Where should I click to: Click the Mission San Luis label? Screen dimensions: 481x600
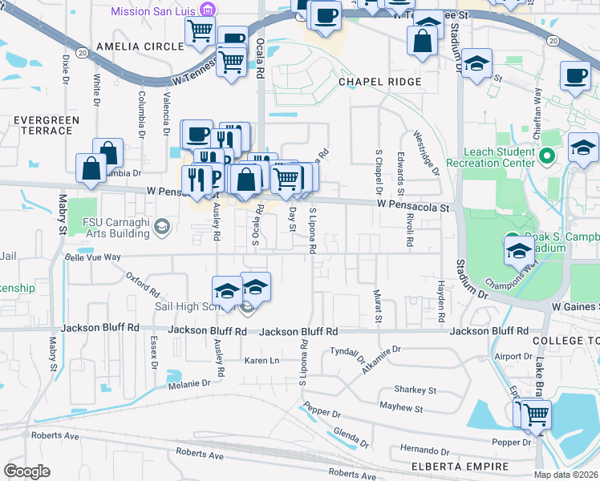click(153, 11)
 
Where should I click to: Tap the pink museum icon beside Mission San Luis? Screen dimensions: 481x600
click(209, 10)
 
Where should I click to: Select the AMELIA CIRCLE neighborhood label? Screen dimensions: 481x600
click(140, 46)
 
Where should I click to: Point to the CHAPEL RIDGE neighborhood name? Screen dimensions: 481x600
click(380, 83)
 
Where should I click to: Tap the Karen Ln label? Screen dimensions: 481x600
click(261, 361)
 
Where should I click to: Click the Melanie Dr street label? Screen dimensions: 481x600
click(189, 384)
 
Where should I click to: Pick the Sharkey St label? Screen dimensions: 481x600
click(415, 390)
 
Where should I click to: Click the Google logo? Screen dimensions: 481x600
click(26, 471)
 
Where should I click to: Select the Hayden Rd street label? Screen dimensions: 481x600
click(441, 302)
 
